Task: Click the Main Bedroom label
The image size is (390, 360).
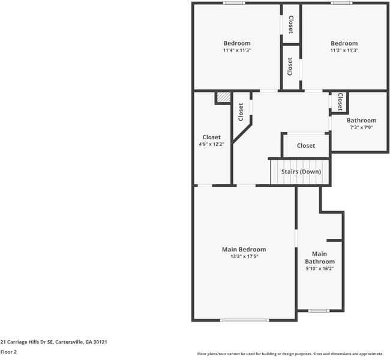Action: (244, 249)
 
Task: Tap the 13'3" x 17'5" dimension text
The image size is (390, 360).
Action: (244, 256)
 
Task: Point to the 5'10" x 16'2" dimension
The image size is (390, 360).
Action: (319, 268)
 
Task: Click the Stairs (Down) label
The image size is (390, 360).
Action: (301, 172)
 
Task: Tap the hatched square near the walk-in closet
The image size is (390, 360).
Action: (223, 97)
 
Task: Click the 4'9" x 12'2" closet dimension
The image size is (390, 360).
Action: (211, 145)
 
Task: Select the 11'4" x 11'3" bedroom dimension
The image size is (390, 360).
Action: (236, 50)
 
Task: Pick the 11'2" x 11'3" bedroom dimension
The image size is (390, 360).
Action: (344, 50)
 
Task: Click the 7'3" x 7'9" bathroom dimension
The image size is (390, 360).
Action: (361, 127)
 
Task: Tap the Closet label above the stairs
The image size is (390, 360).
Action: (305, 146)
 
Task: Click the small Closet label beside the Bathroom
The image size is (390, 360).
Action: (340, 101)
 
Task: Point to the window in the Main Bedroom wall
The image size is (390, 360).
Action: (244, 320)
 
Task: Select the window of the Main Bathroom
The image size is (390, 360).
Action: (319, 311)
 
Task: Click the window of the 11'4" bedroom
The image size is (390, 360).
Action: (233, 3)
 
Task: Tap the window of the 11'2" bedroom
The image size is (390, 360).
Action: (341, 3)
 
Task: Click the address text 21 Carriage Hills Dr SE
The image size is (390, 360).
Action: (53, 341)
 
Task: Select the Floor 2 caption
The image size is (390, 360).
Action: (8, 352)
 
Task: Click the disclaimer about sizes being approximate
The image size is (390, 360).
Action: (290, 353)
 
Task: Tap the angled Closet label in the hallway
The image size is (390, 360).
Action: (241, 112)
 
